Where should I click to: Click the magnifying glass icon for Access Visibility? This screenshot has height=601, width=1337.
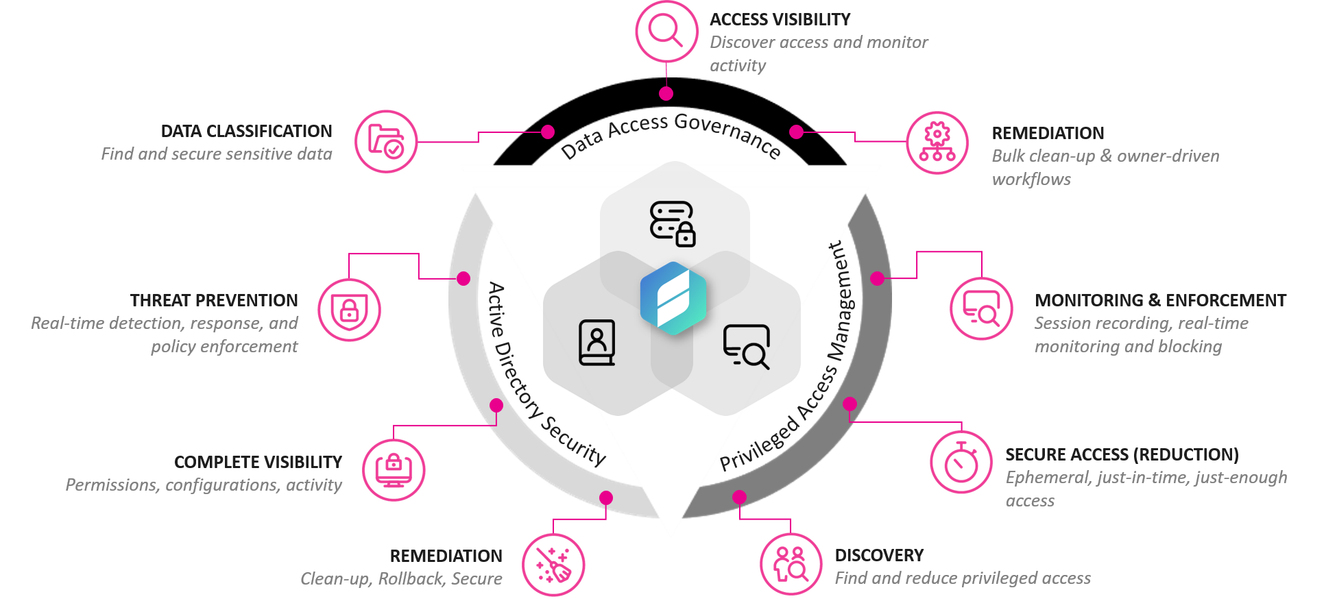coord(666,32)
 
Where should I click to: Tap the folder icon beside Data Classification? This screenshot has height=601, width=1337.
coord(386,141)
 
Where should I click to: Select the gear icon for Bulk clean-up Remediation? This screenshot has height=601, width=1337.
coord(937,143)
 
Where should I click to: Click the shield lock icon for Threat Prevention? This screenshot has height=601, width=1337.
coord(349,310)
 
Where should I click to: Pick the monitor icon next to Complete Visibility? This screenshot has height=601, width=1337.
coord(394,470)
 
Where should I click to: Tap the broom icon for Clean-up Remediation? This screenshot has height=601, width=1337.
coord(553,565)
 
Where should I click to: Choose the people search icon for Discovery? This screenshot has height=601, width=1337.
coord(791,565)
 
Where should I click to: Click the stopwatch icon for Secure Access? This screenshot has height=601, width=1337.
coord(961,462)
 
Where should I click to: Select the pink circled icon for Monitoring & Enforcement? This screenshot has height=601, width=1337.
coord(981,308)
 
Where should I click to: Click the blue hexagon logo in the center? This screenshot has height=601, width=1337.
coord(673,299)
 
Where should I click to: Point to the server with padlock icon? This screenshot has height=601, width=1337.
coord(673,223)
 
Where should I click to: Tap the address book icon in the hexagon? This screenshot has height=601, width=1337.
coord(597,342)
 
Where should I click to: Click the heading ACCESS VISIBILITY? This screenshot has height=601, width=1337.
coord(780,19)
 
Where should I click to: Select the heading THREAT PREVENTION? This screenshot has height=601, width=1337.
coord(214,300)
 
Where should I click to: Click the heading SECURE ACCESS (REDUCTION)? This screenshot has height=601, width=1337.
coord(1122,454)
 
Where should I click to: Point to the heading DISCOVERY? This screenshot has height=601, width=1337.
coord(879,555)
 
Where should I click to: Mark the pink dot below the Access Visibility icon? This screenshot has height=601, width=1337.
coord(666,93)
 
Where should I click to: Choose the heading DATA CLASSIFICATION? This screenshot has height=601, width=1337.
coord(246,131)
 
